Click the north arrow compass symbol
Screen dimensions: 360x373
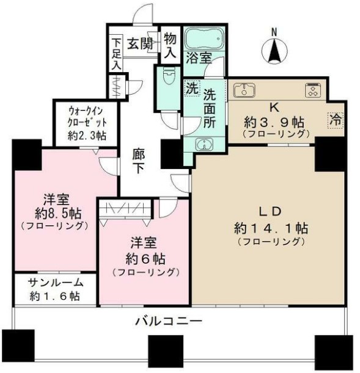pyautogui.click(x=274, y=50)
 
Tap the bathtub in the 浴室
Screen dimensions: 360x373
pyautogui.click(x=204, y=38)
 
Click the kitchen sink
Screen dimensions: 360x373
pyautogui.click(x=244, y=90)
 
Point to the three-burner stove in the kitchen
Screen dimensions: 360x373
pyautogui.click(x=315, y=90)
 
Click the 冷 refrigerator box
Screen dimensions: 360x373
pyautogui.click(x=336, y=120)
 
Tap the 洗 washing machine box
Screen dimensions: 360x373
pyautogui.click(x=193, y=89)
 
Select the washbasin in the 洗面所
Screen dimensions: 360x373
pyautogui.click(x=204, y=144)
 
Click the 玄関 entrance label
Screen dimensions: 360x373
pyautogui.click(x=140, y=43)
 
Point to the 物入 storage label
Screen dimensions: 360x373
pyautogui.click(x=171, y=45)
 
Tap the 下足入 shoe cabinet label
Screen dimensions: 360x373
pyautogui.click(x=116, y=54)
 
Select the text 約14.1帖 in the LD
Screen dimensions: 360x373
pyautogui.click(x=271, y=228)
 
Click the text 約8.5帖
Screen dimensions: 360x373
pyautogui.click(x=58, y=214)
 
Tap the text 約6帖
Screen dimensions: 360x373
pyautogui.click(x=145, y=259)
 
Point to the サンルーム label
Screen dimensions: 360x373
pyautogui.click(x=56, y=283)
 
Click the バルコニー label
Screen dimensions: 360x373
pyautogui.click(x=169, y=322)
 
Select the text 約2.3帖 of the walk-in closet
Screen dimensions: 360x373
pyautogui.click(x=87, y=136)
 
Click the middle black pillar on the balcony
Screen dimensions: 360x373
pyautogui.click(x=166, y=349)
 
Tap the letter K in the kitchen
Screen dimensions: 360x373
pyautogui.click(x=274, y=108)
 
